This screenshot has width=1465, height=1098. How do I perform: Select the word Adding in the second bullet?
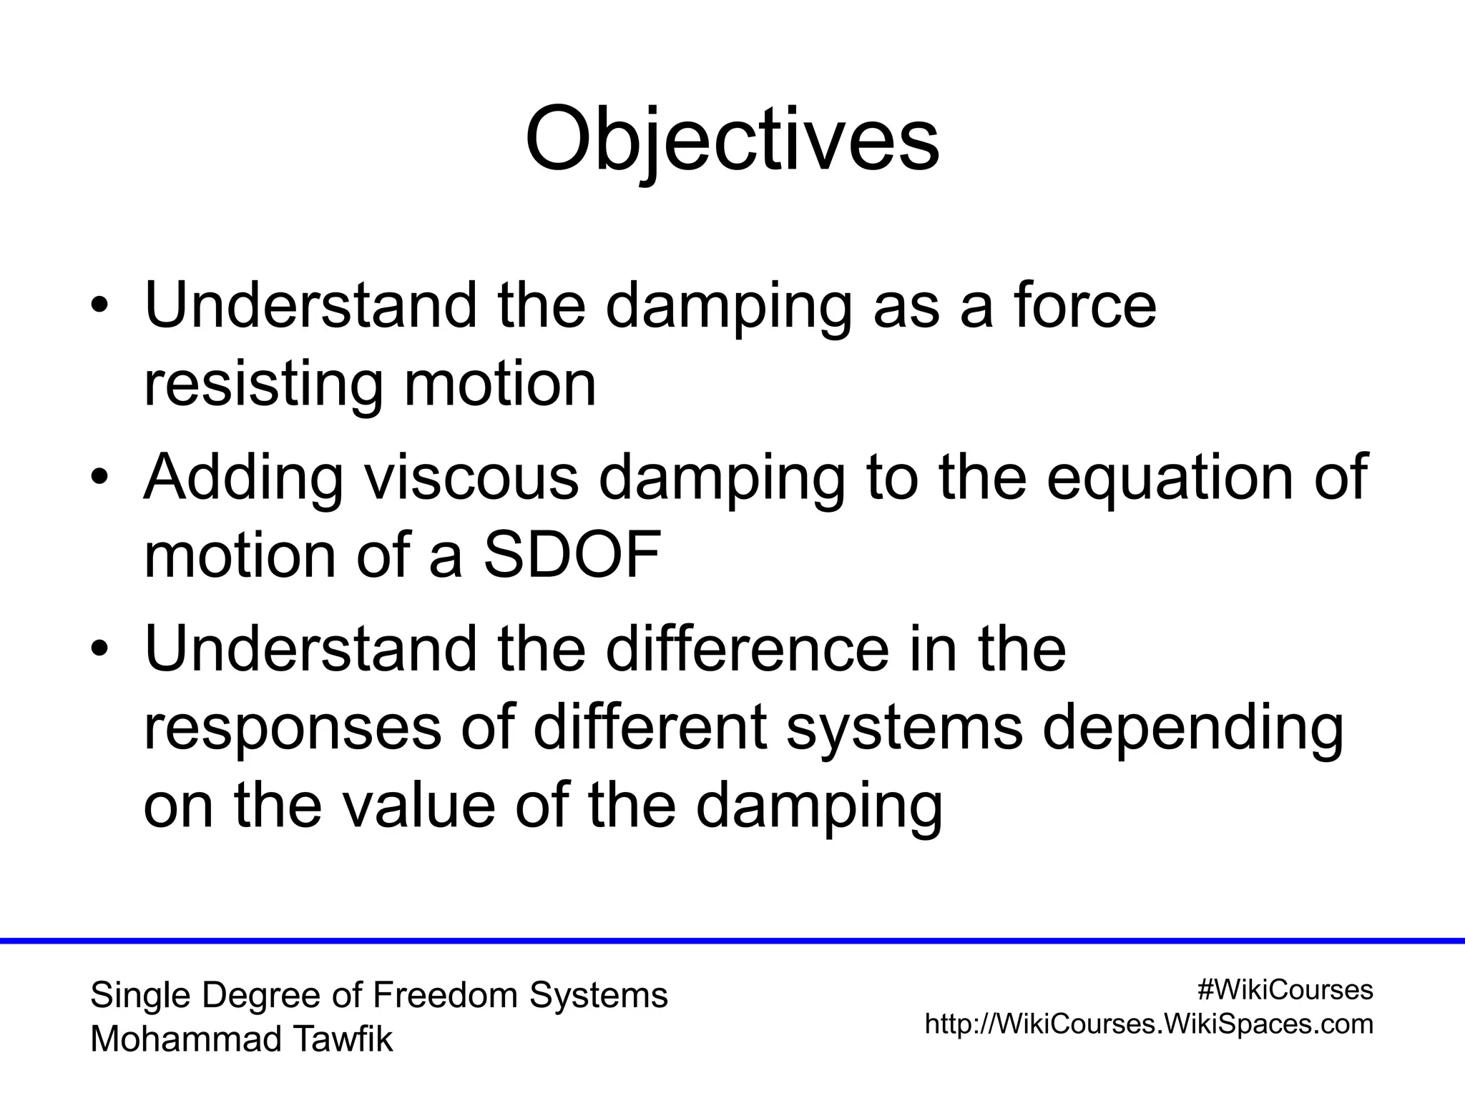click(x=244, y=478)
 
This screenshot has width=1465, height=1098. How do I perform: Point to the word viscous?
click(x=471, y=478)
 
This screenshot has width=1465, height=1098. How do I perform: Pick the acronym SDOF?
click(x=572, y=555)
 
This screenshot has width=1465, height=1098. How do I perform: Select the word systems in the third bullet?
click(x=905, y=728)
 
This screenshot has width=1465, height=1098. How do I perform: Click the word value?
click(x=417, y=806)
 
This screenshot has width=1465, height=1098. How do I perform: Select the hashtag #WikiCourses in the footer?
click(x=1285, y=989)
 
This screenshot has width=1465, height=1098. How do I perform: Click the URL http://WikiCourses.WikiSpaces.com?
click(x=1149, y=1024)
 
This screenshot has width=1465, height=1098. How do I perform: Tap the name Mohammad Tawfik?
click(x=241, y=1039)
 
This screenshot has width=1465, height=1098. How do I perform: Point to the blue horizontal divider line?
click(x=732, y=940)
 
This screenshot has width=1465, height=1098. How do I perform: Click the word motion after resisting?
click(x=500, y=385)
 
